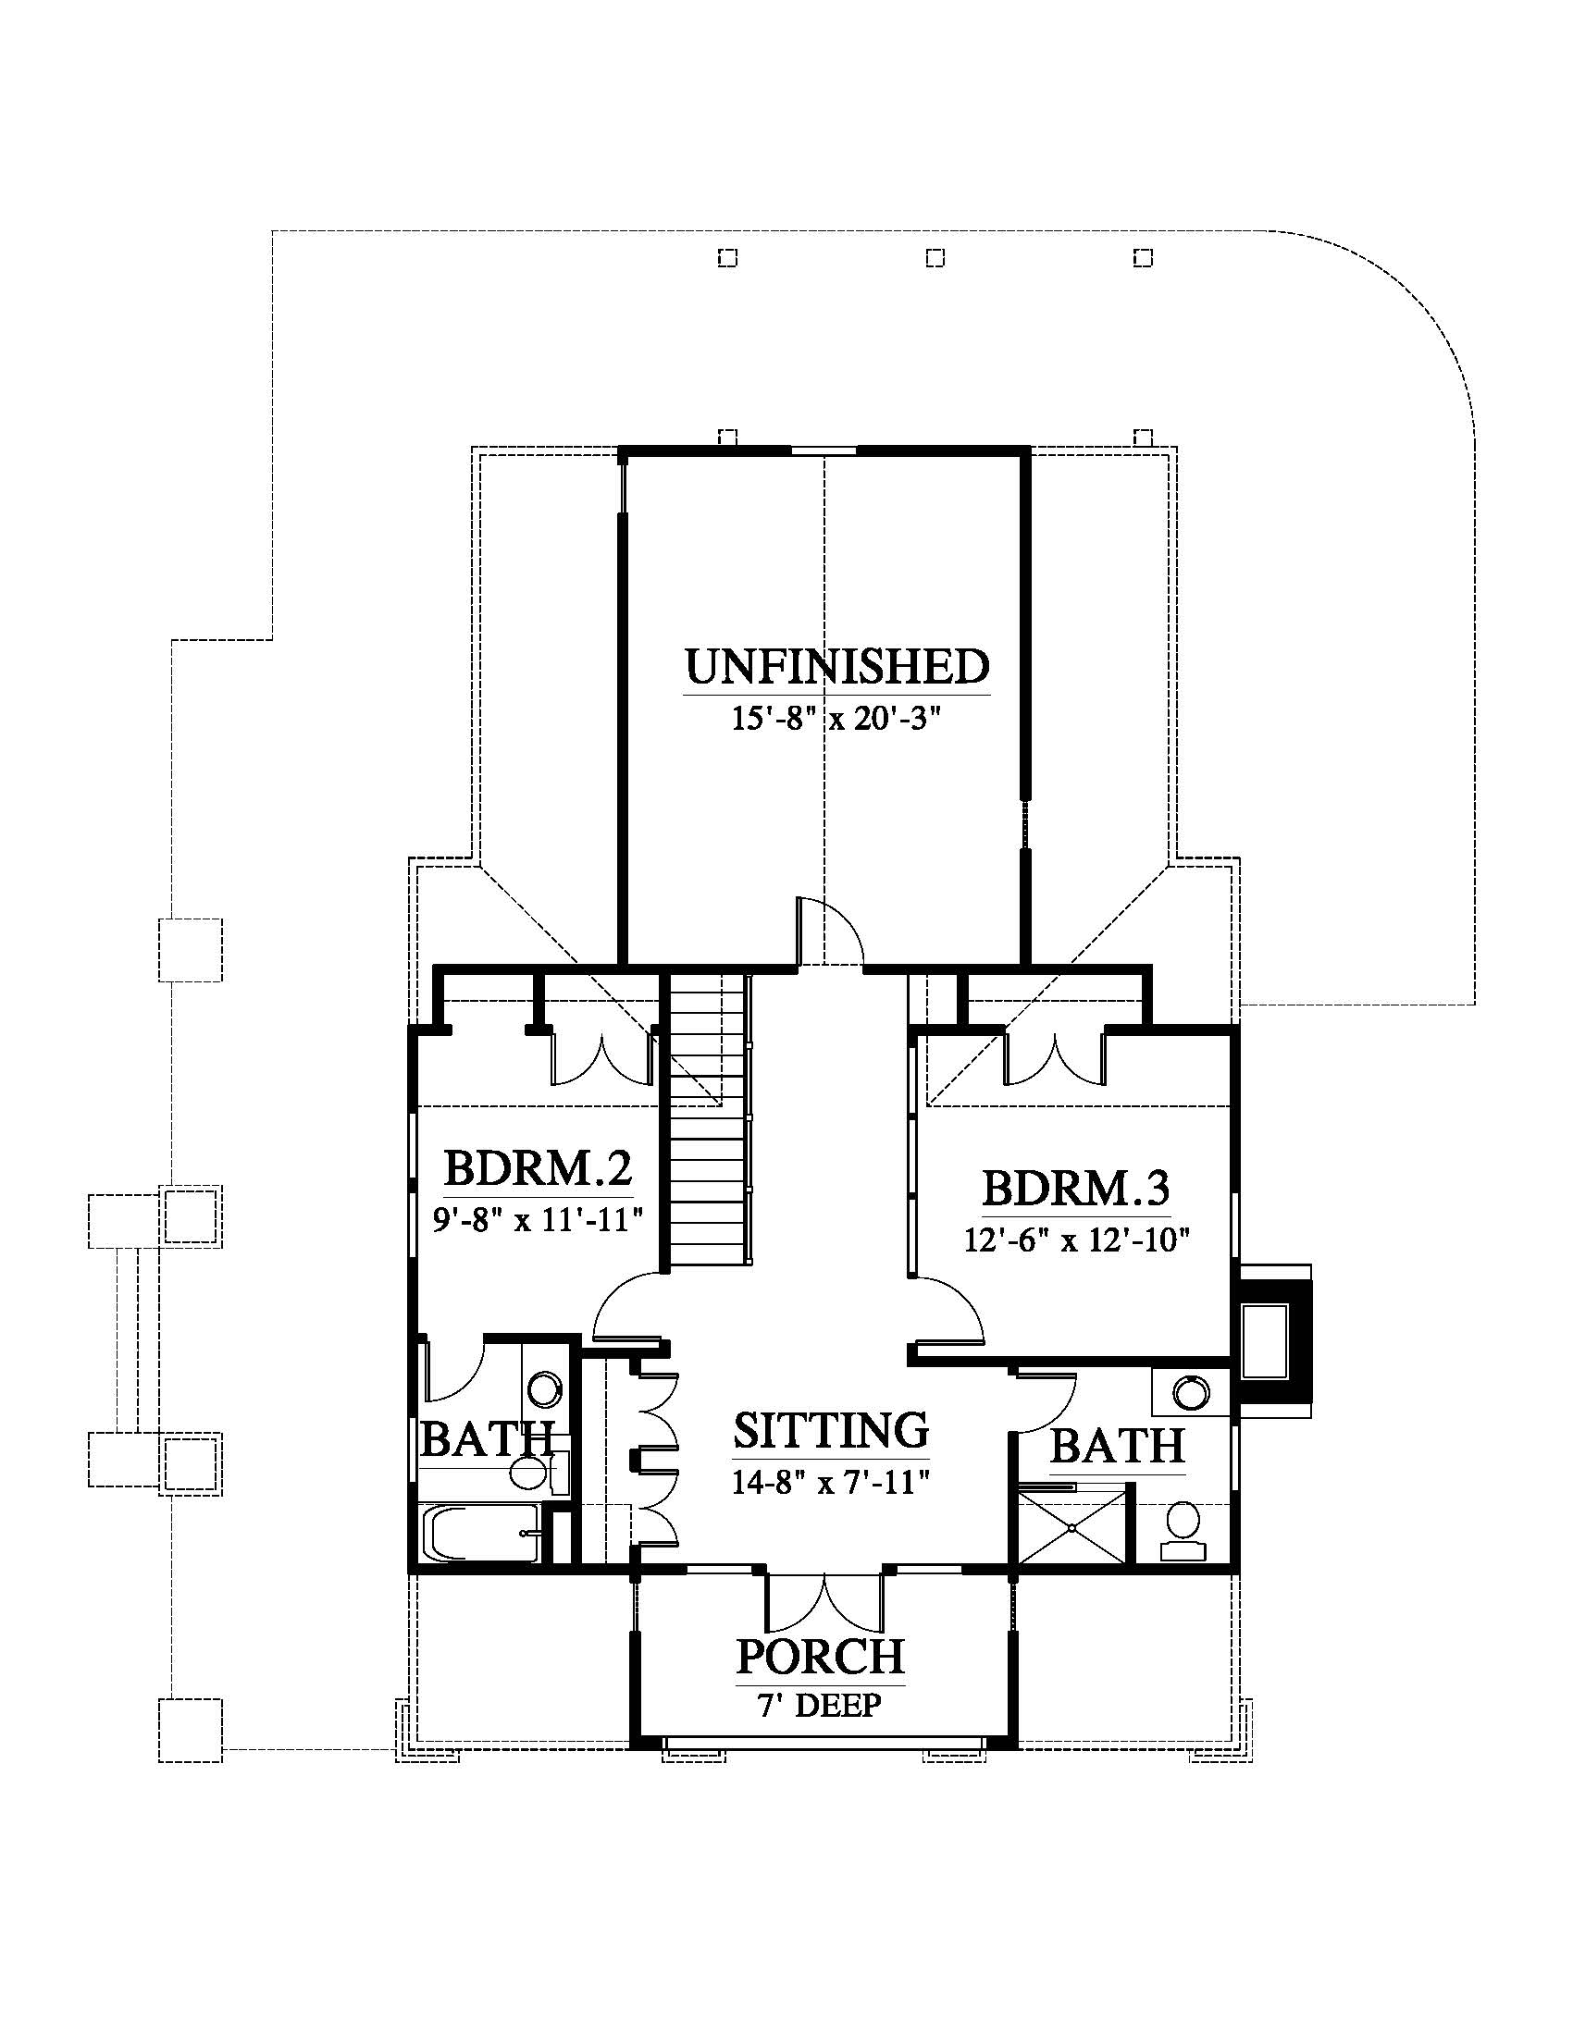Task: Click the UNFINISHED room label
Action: coord(836,666)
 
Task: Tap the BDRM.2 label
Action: coord(538,1167)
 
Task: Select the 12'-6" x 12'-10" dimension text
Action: coord(1078,1240)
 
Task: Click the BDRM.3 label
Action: coord(1076,1189)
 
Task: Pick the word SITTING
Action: coord(831,1428)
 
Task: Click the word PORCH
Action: coord(820,1656)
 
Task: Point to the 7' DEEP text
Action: coord(819,1705)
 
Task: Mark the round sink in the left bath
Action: coord(544,1388)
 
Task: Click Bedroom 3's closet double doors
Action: coord(1054,1055)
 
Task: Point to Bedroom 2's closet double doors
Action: coord(603,1055)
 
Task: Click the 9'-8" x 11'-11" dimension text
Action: coord(539,1219)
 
